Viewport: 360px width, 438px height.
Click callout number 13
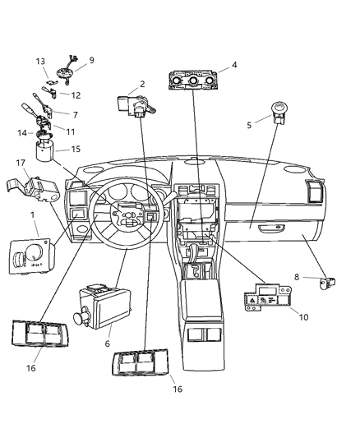point(40,62)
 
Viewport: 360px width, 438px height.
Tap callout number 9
point(91,60)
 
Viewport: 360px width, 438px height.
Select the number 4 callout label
point(234,65)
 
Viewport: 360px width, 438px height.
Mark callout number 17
point(20,164)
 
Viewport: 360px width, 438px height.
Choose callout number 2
point(141,84)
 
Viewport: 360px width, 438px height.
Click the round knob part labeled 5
point(282,111)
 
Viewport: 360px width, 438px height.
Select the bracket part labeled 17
point(38,191)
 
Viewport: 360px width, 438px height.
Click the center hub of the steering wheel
point(127,221)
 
